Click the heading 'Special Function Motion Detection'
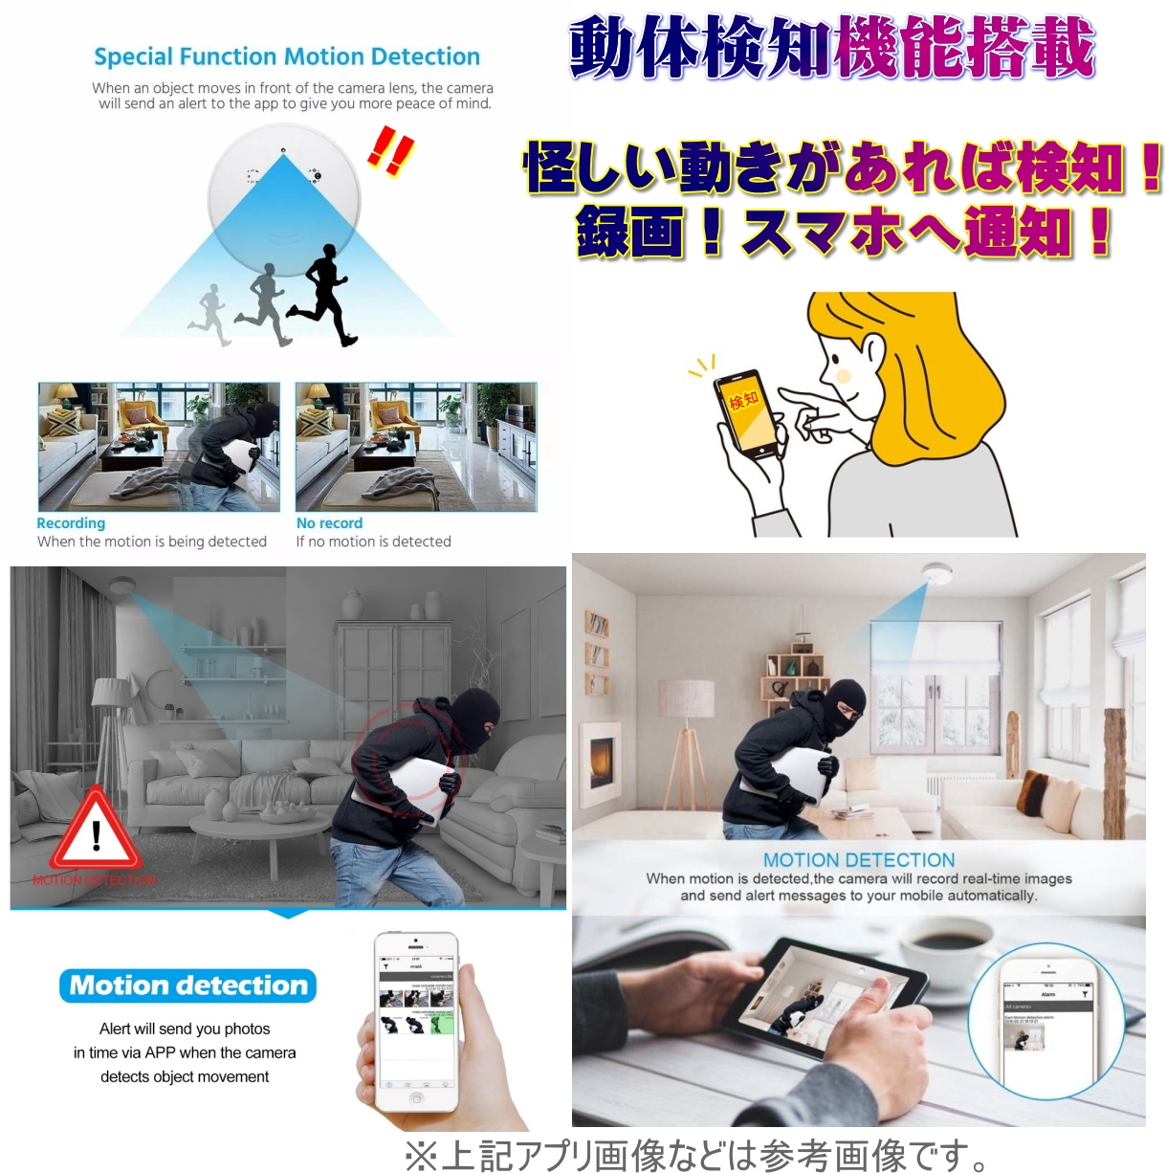click(x=287, y=57)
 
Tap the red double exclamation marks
click(x=391, y=151)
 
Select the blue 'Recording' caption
click(x=71, y=523)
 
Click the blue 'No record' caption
click(x=329, y=523)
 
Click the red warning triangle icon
click(x=96, y=830)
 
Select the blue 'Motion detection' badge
click(x=188, y=985)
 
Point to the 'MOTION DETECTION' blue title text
click(x=858, y=860)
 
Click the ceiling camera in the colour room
click(x=936, y=573)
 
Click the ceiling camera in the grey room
click(x=121, y=586)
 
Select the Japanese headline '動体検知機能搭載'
click(x=831, y=48)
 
